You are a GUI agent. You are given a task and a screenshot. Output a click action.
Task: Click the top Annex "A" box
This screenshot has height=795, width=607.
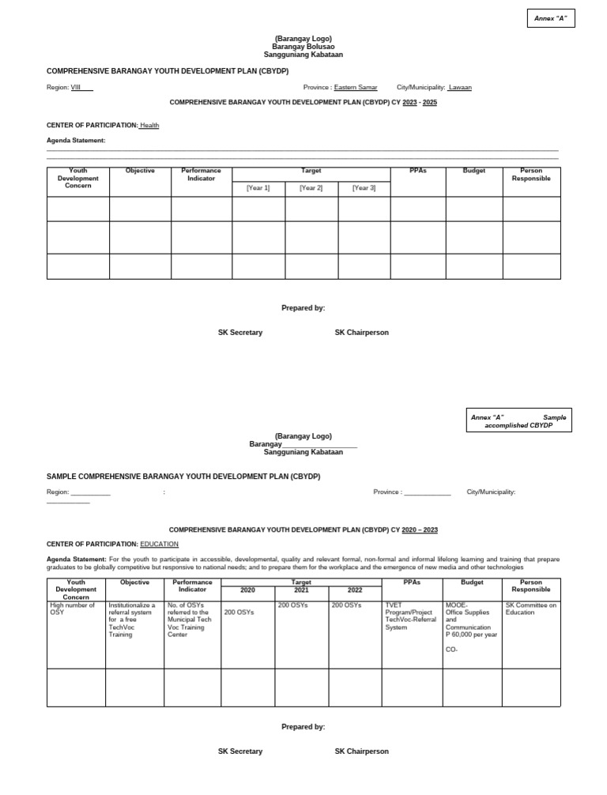click(x=551, y=18)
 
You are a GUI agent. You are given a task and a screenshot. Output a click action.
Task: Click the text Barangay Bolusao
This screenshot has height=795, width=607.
click(x=303, y=47)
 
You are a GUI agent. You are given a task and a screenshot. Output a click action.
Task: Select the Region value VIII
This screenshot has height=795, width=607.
click(x=76, y=88)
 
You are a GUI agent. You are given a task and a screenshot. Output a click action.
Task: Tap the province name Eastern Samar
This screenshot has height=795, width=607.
click(x=355, y=88)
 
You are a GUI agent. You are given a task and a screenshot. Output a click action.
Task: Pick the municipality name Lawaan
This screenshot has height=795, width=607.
click(x=459, y=88)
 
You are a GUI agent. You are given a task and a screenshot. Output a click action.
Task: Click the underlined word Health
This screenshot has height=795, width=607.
click(x=149, y=125)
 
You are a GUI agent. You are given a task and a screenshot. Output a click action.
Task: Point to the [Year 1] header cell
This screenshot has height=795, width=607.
click(x=258, y=188)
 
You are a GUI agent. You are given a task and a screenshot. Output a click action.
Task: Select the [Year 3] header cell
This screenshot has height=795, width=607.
click(x=364, y=188)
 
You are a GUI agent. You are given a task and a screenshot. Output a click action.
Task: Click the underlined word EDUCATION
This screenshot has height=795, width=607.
click(x=159, y=544)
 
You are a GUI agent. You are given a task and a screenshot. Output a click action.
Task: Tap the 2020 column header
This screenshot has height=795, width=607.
click(x=247, y=590)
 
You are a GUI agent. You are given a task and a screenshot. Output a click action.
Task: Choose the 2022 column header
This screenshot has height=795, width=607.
click(x=355, y=590)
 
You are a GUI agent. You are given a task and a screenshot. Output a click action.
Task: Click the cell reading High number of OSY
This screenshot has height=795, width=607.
click(x=72, y=608)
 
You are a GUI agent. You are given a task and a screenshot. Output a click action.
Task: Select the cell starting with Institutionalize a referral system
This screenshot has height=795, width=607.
click(x=132, y=620)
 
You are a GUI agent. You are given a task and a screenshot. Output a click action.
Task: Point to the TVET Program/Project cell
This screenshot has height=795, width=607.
click(x=410, y=616)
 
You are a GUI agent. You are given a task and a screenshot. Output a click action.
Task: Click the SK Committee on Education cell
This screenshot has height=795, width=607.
click(x=530, y=608)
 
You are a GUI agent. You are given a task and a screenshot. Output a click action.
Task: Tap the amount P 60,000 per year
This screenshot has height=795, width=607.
click(x=472, y=635)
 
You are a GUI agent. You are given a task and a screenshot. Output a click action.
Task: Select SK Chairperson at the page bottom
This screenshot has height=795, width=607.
click(x=361, y=751)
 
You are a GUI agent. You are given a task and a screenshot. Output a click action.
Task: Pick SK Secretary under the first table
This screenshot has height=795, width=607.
click(x=240, y=333)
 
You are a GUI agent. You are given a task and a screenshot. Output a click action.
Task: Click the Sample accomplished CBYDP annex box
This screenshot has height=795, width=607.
click(x=518, y=421)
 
